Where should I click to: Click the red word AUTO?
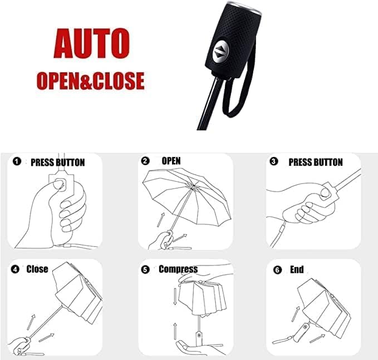click(92, 43)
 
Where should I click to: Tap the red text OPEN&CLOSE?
click(91, 81)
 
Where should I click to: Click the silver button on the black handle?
click(221, 52)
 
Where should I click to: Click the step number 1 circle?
click(17, 161)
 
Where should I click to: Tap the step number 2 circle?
click(145, 161)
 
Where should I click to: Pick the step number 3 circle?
click(273, 161)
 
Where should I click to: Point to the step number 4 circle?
click(15, 269)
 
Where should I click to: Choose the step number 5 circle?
click(145, 269)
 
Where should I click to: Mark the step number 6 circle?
click(277, 270)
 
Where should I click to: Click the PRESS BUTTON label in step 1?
click(58, 162)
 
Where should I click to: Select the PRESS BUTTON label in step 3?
click(316, 162)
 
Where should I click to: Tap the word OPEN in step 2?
click(171, 161)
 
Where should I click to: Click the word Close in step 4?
click(37, 269)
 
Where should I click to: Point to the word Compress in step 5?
click(178, 269)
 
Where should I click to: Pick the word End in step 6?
click(297, 269)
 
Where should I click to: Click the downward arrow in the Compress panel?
click(175, 296)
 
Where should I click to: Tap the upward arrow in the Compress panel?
click(175, 331)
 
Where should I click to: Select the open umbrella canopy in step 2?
click(187, 195)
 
